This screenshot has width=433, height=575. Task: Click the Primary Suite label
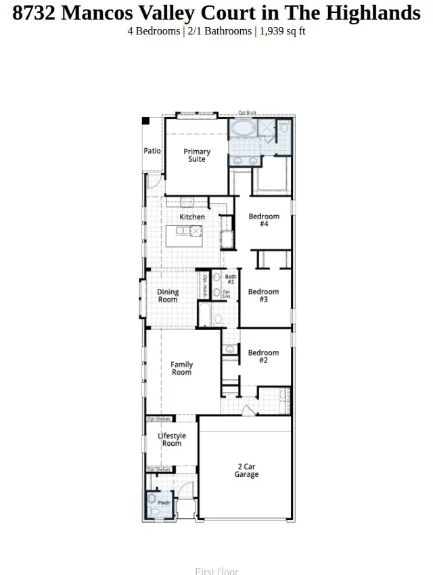[x=197, y=156]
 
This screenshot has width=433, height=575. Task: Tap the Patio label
[x=152, y=151]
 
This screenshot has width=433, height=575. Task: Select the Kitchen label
[x=192, y=217]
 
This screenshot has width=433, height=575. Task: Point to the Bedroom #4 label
[x=264, y=220]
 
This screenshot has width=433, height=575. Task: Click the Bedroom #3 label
[x=263, y=296]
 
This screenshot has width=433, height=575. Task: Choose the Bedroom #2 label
[x=263, y=356]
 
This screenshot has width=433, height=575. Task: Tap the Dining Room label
[x=168, y=296]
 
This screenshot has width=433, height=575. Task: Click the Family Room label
[x=181, y=369]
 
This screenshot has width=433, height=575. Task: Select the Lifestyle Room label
[x=172, y=440]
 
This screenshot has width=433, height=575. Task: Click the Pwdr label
[x=164, y=503]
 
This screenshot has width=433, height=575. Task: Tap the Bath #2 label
[x=230, y=279]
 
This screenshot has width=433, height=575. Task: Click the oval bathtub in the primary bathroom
[x=242, y=129]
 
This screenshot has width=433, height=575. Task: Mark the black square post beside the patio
[x=145, y=121]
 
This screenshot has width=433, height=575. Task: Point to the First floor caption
[x=216, y=571]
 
